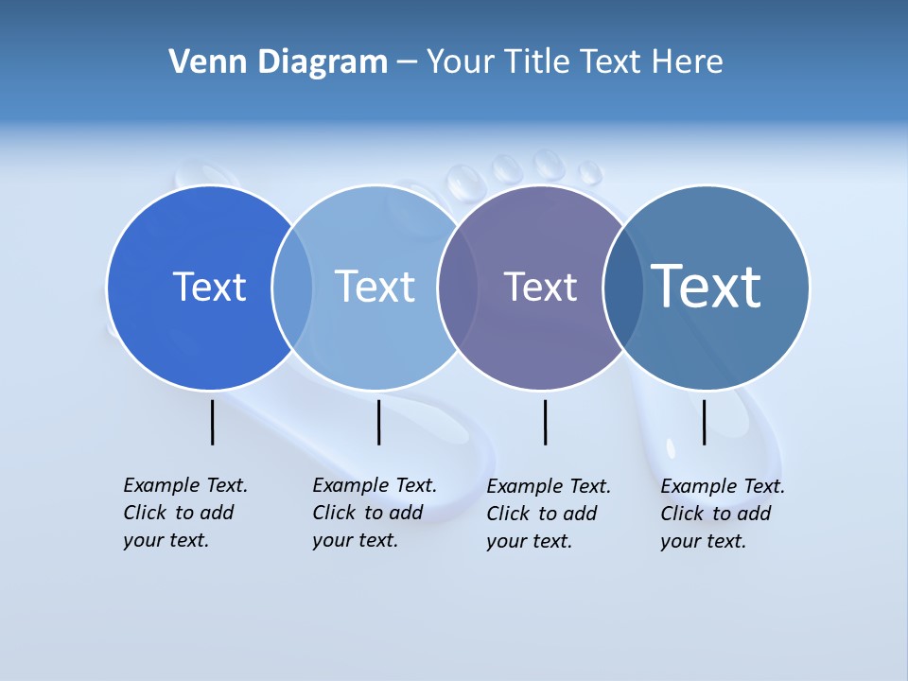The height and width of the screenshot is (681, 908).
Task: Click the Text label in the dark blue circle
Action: point(209,287)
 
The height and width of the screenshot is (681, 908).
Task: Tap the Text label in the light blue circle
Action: point(375,287)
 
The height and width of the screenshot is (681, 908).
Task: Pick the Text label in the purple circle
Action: point(540,287)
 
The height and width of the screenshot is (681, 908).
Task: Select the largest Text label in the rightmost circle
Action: point(707,286)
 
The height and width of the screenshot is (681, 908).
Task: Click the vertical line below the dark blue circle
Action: point(212,422)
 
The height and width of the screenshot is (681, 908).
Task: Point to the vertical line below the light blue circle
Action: point(378,422)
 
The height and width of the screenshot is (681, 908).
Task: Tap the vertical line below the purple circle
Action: point(545,422)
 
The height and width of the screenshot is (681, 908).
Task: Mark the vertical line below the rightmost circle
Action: point(704,422)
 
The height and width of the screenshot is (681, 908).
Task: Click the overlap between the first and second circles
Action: point(292,287)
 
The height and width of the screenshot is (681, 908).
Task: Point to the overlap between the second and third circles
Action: point(458,287)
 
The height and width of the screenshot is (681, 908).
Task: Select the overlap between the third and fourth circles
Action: point(622,287)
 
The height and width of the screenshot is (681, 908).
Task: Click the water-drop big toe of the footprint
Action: point(463,181)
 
